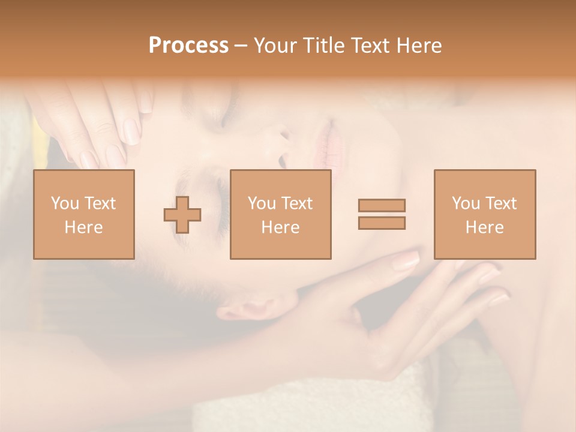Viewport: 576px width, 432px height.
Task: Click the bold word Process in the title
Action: pyautogui.click(x=188, y=46)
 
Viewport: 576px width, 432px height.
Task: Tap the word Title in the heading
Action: pyautogui.click(x=325, y=46)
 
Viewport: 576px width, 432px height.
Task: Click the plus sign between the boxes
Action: pyautogui.click(x=182, y=215)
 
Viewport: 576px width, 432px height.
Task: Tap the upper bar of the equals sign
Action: pyautogui.click(x=382, y=205)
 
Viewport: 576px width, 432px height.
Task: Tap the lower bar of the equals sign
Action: pyautogui.click(x=382, y=223)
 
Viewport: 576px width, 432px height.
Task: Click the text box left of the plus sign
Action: pyautogui.click(x=83, y=214)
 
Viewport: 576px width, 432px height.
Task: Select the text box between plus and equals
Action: pyautogui.click(x=280, y=214)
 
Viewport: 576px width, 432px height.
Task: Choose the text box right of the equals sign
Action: pyautogui.click(x=484, y=214)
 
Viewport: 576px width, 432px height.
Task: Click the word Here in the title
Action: pyautogui.click(x=419, y=46)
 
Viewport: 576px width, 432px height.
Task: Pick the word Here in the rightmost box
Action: pyautogui.click(x=484, y=227)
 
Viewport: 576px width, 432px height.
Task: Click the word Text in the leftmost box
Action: pyautogui.click(x=100, y=203)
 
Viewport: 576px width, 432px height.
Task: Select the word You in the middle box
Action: pyautogui.click(x=262, y=203)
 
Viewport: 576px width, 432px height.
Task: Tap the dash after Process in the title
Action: pyautogui.click(x=241, y=46)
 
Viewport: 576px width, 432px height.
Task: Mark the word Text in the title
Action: pyautogui.click(x=371, y=46)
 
